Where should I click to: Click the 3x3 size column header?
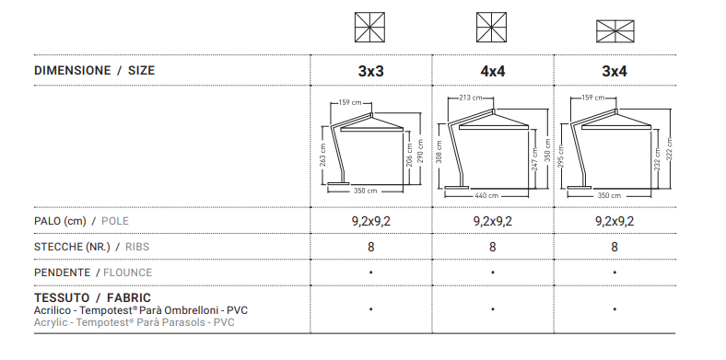coord(371,71)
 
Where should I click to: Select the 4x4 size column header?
coord(493,71)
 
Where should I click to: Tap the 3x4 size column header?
coord(615,71)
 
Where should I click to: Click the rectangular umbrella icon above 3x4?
coord(615,31)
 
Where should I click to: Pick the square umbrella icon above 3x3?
coord(369,28)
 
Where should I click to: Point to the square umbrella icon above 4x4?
coord(491,28)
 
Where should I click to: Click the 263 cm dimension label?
coord(322,154)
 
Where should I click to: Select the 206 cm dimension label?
coord(409,154)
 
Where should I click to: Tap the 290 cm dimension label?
coord(420,151)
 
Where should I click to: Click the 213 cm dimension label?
coord(471,98)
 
